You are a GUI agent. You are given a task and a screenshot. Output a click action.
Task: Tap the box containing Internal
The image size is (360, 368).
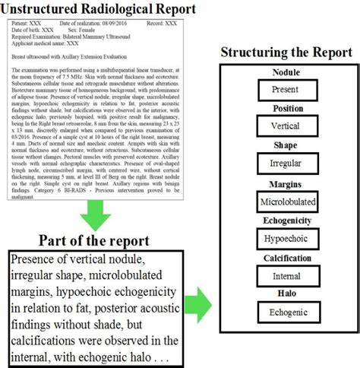286,276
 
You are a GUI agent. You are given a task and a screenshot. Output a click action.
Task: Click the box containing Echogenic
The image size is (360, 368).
286,312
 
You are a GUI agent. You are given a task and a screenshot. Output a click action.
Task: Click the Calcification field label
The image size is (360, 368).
285,258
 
